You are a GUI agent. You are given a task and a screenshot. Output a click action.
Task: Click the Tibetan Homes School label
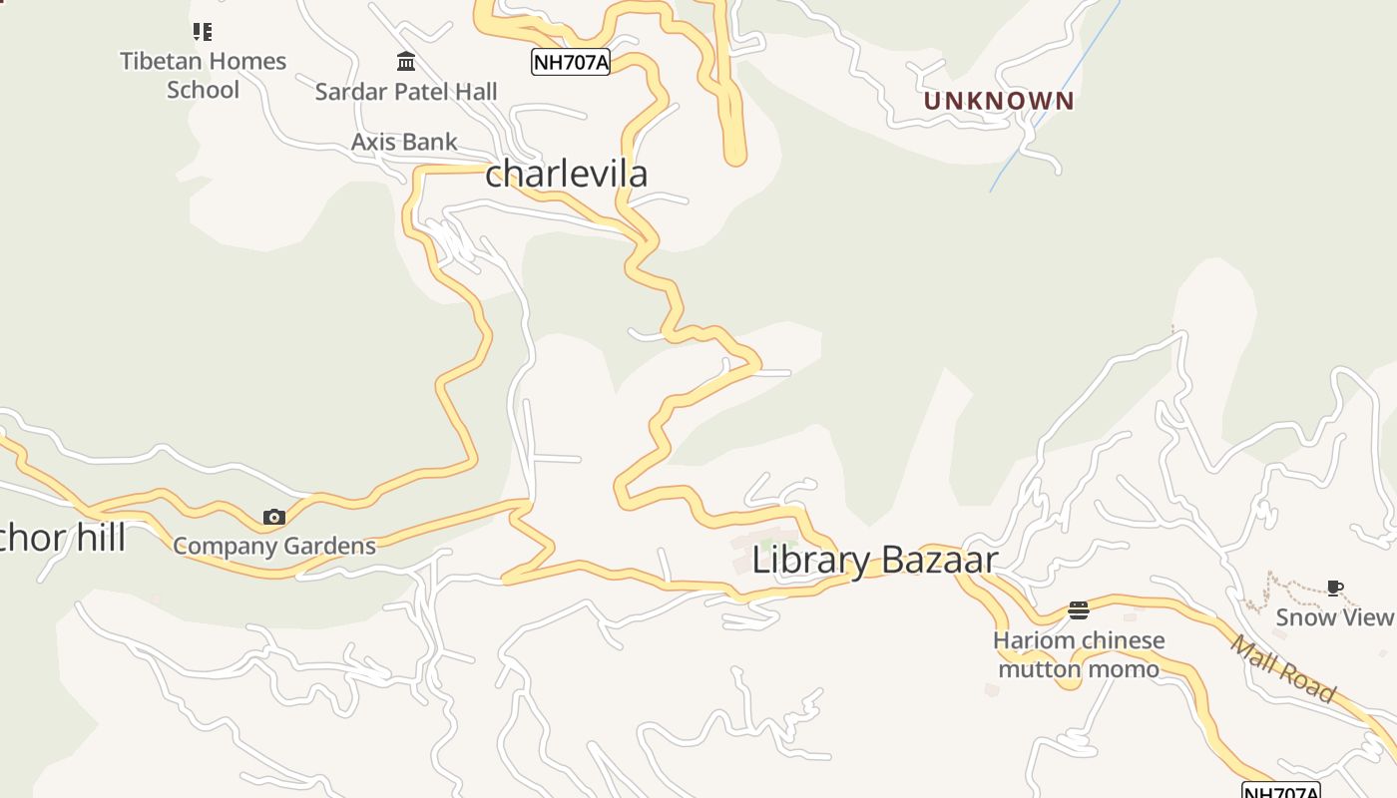204,75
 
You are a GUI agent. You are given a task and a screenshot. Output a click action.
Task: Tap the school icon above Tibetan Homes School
204,32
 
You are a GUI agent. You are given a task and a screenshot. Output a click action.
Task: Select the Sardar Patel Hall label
406,92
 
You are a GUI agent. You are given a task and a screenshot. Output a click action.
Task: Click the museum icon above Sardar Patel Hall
406,62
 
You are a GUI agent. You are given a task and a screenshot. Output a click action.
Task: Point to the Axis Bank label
404,142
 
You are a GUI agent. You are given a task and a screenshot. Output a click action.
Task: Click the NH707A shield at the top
570,62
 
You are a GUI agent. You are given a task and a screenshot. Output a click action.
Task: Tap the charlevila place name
566,174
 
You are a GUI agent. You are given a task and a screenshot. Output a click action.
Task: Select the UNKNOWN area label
999,101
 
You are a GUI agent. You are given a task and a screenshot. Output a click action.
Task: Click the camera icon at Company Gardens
273,517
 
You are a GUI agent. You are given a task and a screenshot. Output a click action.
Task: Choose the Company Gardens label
274,546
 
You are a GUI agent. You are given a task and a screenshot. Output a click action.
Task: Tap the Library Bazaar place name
874,560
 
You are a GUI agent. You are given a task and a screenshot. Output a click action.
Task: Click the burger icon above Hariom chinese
1078,609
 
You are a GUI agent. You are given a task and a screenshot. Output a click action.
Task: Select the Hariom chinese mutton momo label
1079,654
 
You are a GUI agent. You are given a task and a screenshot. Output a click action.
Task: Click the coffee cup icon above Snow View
1334,588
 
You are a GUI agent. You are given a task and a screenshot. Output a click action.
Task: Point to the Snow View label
1334,616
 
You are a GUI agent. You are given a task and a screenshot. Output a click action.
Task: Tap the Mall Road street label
1282,669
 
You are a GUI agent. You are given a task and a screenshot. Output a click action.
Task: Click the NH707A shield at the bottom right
1281,791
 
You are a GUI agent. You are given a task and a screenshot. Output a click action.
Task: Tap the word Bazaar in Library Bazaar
938,560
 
